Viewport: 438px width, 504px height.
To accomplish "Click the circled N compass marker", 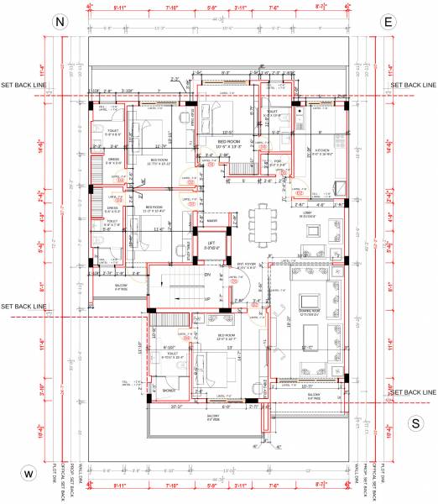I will click(59, 24).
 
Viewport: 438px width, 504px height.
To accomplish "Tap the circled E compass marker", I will click(388, 24).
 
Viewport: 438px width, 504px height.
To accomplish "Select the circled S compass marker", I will click(415, 423).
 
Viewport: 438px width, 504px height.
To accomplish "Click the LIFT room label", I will click(212, 244).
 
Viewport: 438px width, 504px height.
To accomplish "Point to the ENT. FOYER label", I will click(247, 265).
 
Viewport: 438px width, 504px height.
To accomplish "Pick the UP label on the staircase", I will click(206, 298).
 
